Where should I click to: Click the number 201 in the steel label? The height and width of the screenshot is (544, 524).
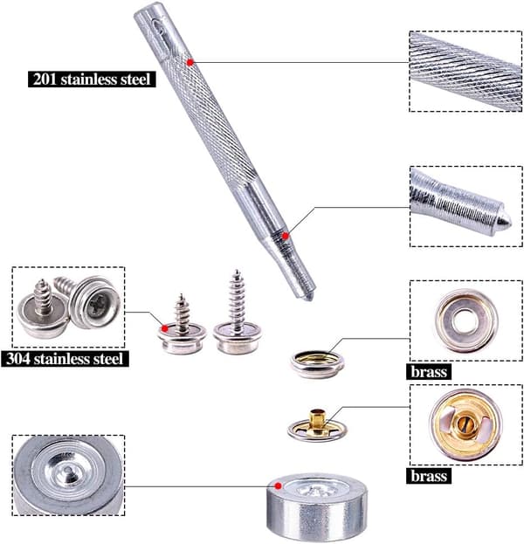[45, 79]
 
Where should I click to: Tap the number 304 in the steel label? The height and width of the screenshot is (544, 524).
[17, 358]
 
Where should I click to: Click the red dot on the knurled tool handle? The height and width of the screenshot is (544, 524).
[190, 62]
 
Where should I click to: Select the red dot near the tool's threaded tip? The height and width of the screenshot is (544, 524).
[286, 236]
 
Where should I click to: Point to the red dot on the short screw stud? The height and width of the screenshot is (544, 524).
[165, 328]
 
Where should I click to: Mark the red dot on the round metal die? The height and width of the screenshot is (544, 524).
[278, 486]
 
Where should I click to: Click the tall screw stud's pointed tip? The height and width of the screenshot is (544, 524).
[237, 271]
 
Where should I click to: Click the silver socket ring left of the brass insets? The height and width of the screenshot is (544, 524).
[317, 363]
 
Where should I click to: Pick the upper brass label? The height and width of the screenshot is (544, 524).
[429, 372]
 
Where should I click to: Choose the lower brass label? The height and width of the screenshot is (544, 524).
[429, 476]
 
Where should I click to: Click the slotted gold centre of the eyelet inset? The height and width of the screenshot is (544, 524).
[464, 424]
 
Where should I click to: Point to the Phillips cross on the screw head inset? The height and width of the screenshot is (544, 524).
[98, 304]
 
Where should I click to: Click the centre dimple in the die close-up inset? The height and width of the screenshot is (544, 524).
[69, 470]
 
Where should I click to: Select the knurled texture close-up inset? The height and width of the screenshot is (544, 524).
[465, 72]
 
